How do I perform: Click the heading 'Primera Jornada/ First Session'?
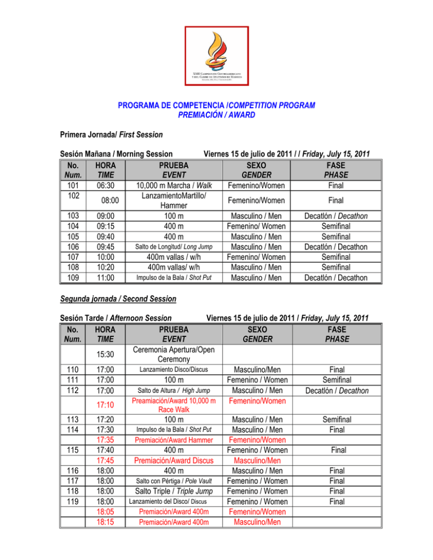(112, 136)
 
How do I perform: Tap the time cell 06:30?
(106, 185)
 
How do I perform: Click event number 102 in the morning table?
(72, 195)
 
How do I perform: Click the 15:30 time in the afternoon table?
(106, 354)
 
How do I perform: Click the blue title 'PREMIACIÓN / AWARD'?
(216, 114)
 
